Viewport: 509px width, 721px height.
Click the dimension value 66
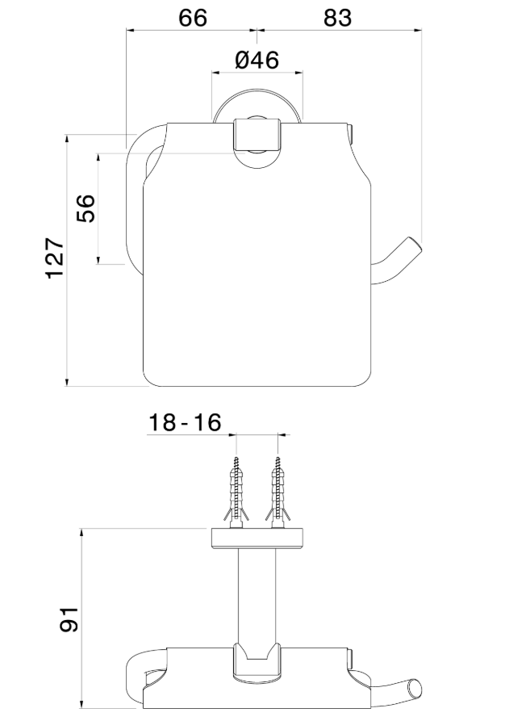pos(192,18)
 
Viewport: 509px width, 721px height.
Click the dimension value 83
pos(337,18)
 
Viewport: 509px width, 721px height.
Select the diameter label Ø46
pos(257,61)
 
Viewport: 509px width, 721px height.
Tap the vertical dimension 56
pos(86,208)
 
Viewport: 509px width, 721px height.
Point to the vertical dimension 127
pos(54,258)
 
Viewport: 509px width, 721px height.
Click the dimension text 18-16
pos(185,423)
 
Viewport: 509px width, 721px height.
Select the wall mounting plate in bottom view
pos(257,539)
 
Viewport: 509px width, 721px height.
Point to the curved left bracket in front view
pos(134,194)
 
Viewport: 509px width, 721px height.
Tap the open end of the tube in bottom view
pos(415,689)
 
